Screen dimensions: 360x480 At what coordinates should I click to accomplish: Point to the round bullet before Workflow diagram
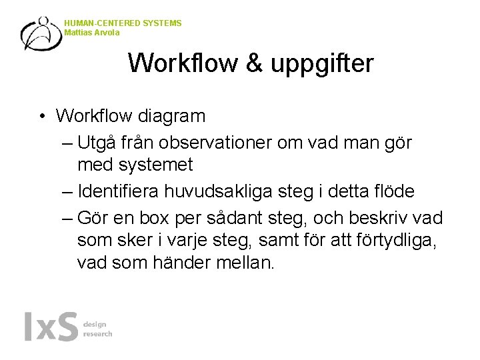[41, 117]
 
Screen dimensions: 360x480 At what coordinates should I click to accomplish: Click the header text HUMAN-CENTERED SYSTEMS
[123, 23]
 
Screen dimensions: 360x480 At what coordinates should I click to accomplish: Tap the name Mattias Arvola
[93, 32]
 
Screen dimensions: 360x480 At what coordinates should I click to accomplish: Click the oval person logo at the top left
[41, 33]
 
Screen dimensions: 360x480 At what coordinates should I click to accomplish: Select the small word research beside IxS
[97, 334]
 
